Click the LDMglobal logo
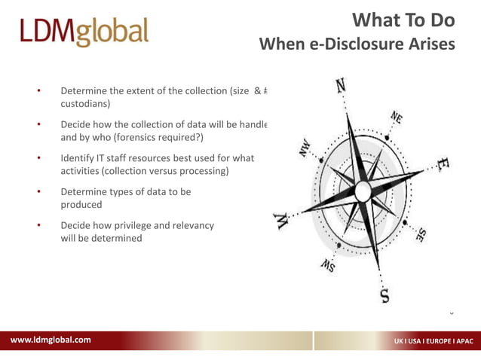tap(84, 32)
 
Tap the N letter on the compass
tap(341, 86)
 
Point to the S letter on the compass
tap(385, 294)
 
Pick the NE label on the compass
tap(397, 117)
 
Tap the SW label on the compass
tap(328, 264)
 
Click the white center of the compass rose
tap(363, 191)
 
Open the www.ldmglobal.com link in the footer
tap(51, 340)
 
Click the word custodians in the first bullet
tap(85, 104)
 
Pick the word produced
tap(81, 205)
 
